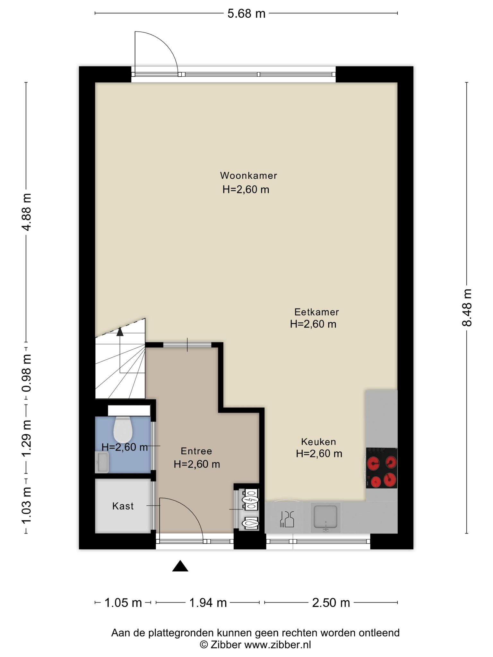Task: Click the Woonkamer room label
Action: (x=248, y=175)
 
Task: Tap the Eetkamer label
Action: (x=316, y=312)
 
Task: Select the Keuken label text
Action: (x=318, y=442)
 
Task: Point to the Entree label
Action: (x=196, y=451)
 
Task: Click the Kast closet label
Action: (x=123, y=506)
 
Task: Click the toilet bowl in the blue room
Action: (x=123, y=429)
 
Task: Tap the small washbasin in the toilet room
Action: (x=102, y=462)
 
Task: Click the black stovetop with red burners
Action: (x=382, y=468)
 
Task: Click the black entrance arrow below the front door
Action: (x=180, y=566)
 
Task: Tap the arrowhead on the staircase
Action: (x=120, y=331)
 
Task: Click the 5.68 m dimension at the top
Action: (x=246, y=14)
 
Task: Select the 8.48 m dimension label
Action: (x=467, y=308)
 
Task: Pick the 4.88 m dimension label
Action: (x=27, y=212)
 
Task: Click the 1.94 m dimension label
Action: (x=208, y=603)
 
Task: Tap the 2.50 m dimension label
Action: (x=331, y=603)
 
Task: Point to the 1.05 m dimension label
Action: (x=123, y=603)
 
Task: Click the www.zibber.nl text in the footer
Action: (x=278, y=644)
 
